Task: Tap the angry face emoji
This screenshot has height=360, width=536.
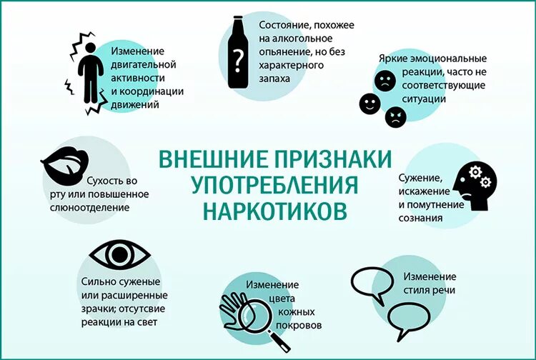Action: coord(394,116)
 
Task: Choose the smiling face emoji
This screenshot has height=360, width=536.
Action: coord(369,104)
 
